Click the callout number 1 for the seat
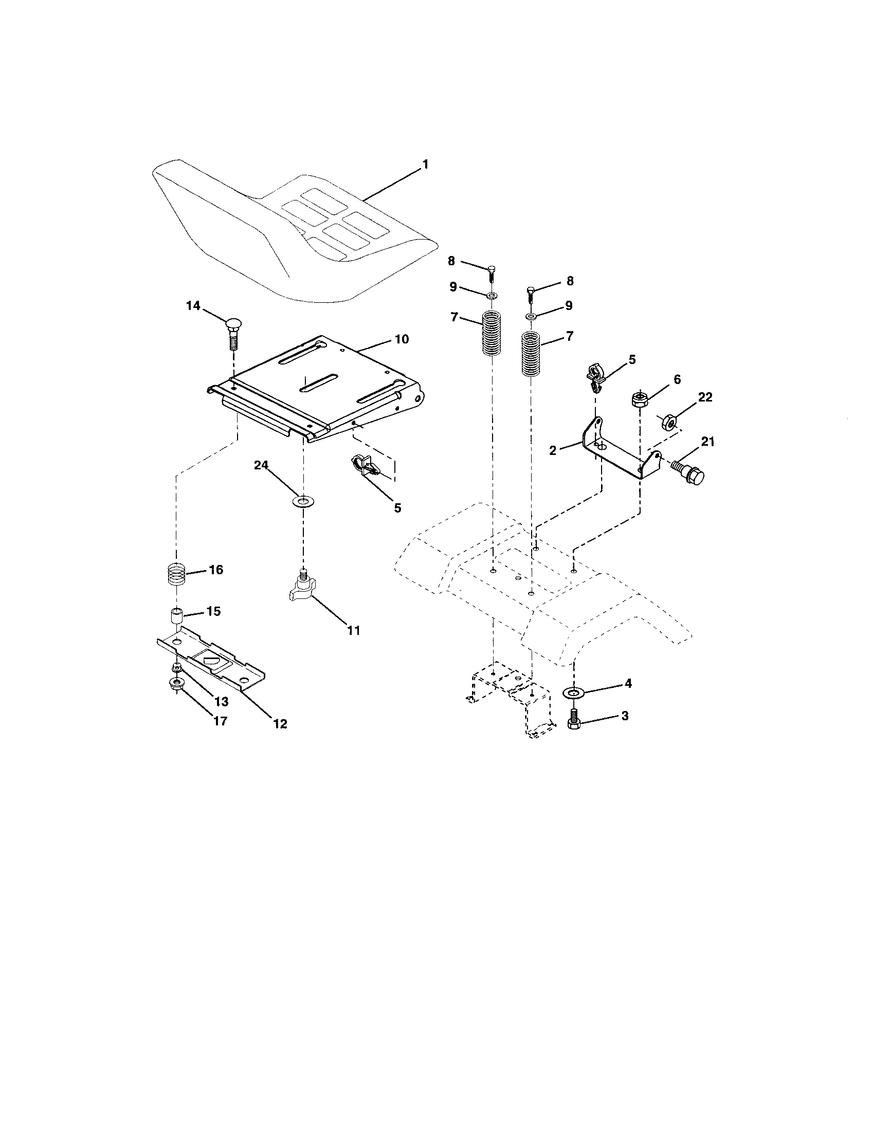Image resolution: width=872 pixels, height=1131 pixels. pos(425,165)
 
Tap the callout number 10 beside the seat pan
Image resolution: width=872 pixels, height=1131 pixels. pos(402,339)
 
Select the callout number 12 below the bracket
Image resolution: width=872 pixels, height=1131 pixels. pos(280,723)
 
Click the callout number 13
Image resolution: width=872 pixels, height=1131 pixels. pos(221,701)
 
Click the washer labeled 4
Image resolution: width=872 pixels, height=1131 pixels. pos(573,692)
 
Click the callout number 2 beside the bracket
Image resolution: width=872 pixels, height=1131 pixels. pos(553,450)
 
